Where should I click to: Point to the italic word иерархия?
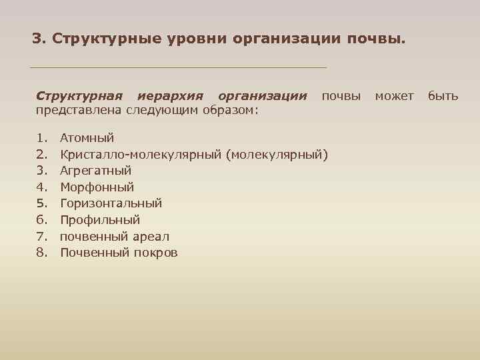click(x=173, y=96)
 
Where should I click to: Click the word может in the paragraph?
click(x=395, y=96)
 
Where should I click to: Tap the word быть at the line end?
click(x=443, y=96)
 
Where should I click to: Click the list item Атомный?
click(x=87, y=138)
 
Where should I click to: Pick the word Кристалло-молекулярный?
click(x=141, y=155)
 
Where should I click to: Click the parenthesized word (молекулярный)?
click(x=277, y=155)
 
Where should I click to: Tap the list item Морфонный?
click(x=97, y=187)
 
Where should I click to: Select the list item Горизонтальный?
click(x=111, y=203)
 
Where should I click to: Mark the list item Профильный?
click(x=100, y=220)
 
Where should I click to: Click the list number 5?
click(x=41, y=203)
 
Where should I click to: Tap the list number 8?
click(x=41, y=253)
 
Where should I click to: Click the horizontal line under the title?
click(x=179, y=67)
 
